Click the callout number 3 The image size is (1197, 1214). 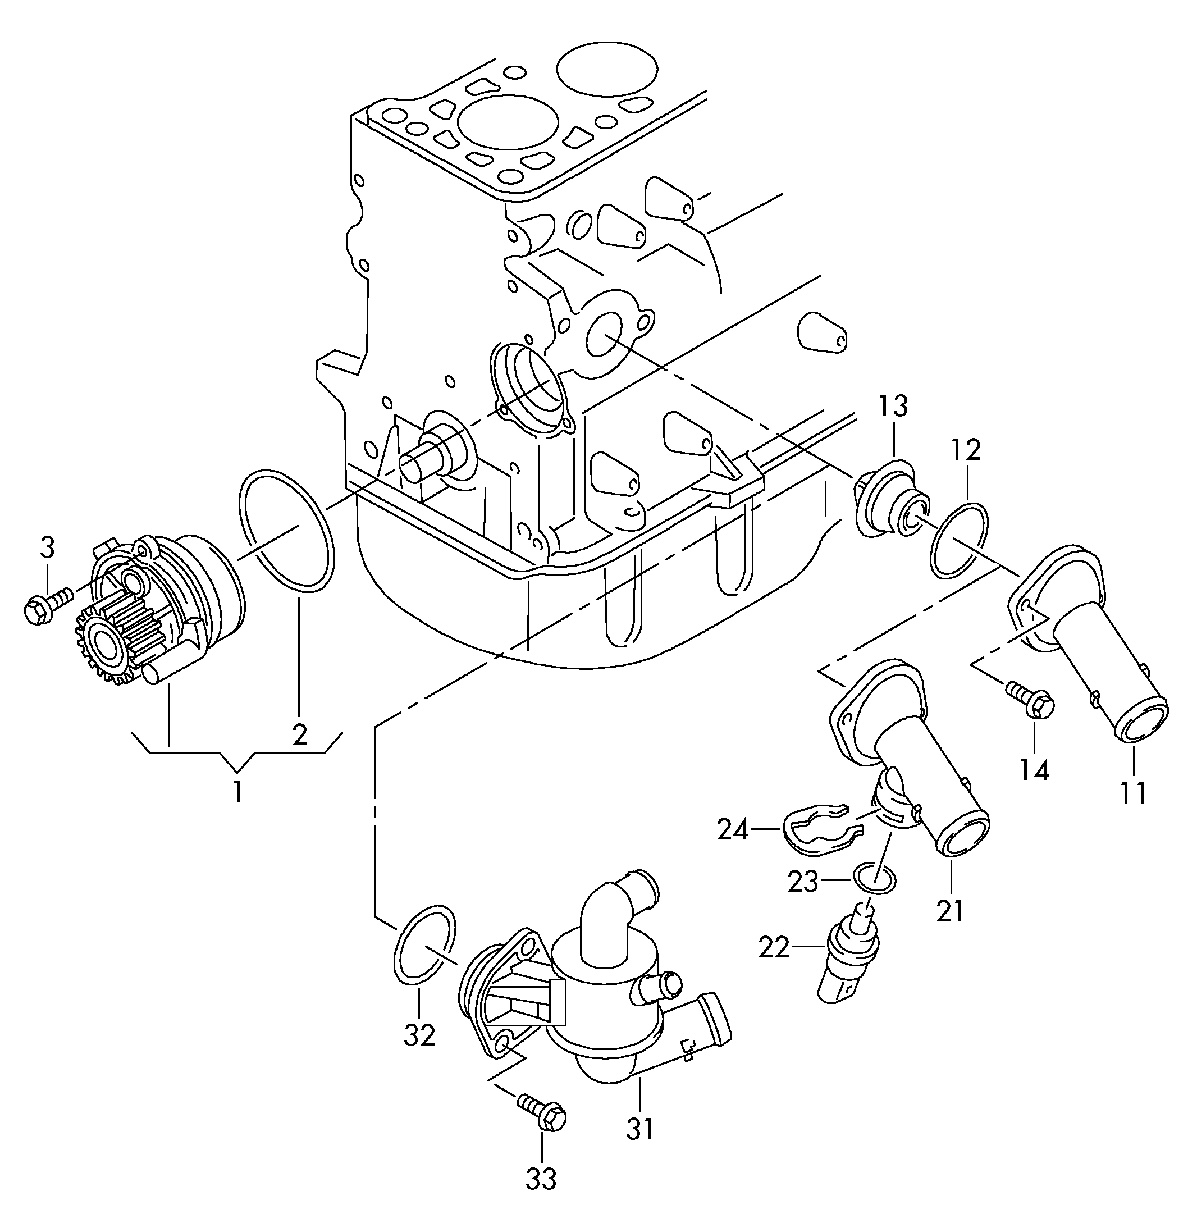(x=47, y=547)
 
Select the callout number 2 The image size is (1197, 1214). (x=299, y=734)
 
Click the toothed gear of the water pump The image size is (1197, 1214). (x=104, y=644)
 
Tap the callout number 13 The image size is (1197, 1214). (x=893, y=407)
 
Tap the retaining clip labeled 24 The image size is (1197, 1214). (x=817, y=830)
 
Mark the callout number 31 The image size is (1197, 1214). (x=640, y=1129)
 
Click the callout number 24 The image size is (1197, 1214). (x=733, y=830)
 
